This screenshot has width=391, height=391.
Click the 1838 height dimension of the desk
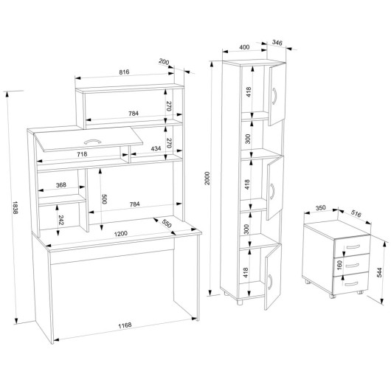pos(15,208)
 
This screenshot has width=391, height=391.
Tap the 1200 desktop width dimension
pos(121,234)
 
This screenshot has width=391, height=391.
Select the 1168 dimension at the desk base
pos(125,325)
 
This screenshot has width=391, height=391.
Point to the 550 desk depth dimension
pos(166,224)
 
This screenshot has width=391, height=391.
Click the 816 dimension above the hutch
pos(124,72)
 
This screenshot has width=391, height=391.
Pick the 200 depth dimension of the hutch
pos(164,61)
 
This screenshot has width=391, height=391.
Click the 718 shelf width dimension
pos(82,154)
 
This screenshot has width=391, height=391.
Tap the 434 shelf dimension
pos(156,148)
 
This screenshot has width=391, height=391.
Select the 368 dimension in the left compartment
pos(61,184)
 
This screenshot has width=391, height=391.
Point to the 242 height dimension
pos(61,220)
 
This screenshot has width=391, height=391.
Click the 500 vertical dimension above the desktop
pos(104,198)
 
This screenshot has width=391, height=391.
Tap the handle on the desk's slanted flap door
pos(92,142)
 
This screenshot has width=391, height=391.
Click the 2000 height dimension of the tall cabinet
pos(207,178)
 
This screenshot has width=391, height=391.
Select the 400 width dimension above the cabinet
pos(244,47)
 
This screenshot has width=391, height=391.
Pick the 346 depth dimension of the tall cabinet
pos(277,43)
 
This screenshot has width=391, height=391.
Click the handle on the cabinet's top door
pos(274,96)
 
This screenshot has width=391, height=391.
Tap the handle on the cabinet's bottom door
pos(270,282)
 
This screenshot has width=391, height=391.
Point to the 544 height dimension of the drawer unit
pos(379,272)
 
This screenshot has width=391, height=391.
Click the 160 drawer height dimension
pos(339,265)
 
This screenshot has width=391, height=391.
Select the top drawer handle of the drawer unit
pos(353,247)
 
